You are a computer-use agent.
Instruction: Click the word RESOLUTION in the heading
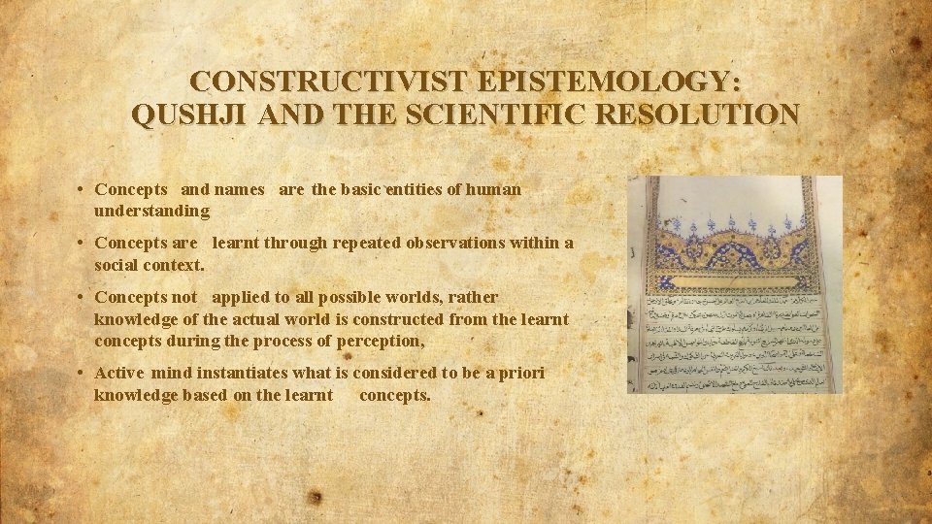tap(701, 115)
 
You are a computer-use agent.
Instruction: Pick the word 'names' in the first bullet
tap(239, 189)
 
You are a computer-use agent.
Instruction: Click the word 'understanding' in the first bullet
tap(151, 211)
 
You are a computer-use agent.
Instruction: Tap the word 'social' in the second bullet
tap(118, 264)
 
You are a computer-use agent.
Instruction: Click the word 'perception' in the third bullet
tap(384, 341)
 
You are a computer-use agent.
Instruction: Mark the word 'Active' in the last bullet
tap(120, 373)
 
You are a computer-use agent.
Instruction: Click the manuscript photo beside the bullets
tap(734, 284)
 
